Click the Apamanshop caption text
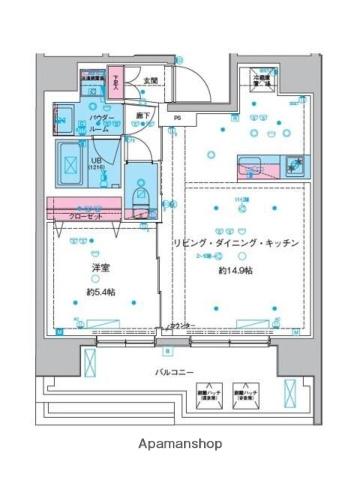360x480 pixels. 180,442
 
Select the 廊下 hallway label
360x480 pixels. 144,114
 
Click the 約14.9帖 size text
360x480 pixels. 235,269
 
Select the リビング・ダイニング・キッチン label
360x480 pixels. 235,244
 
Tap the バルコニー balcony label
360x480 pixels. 181,372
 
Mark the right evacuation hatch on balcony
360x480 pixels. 243,394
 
